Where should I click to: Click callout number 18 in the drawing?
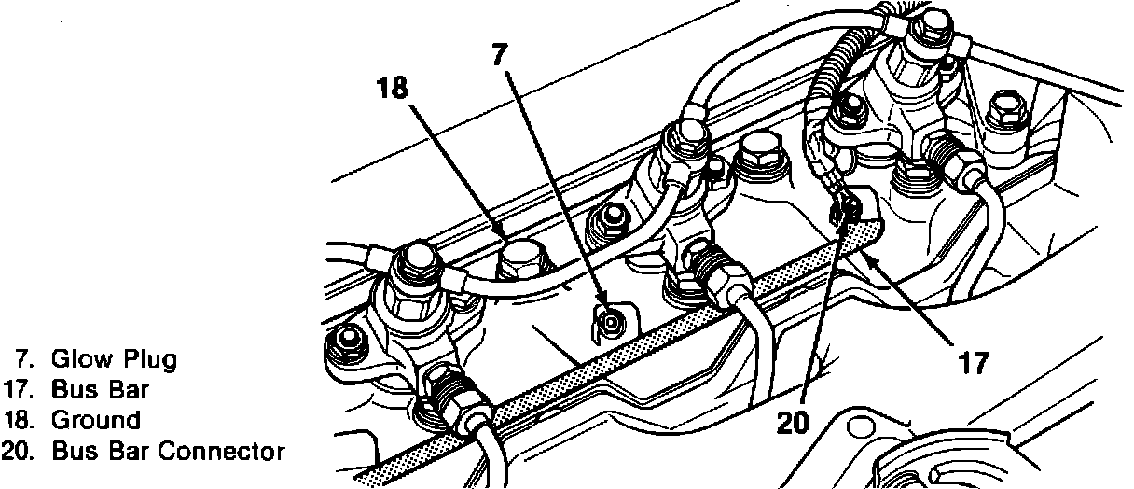tap(393, 89)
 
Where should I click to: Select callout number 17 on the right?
tap(973, 362)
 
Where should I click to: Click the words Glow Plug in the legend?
tap(113, 358)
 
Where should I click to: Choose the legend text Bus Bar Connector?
tap(167, 452)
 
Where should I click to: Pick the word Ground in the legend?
tap(95, 420)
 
